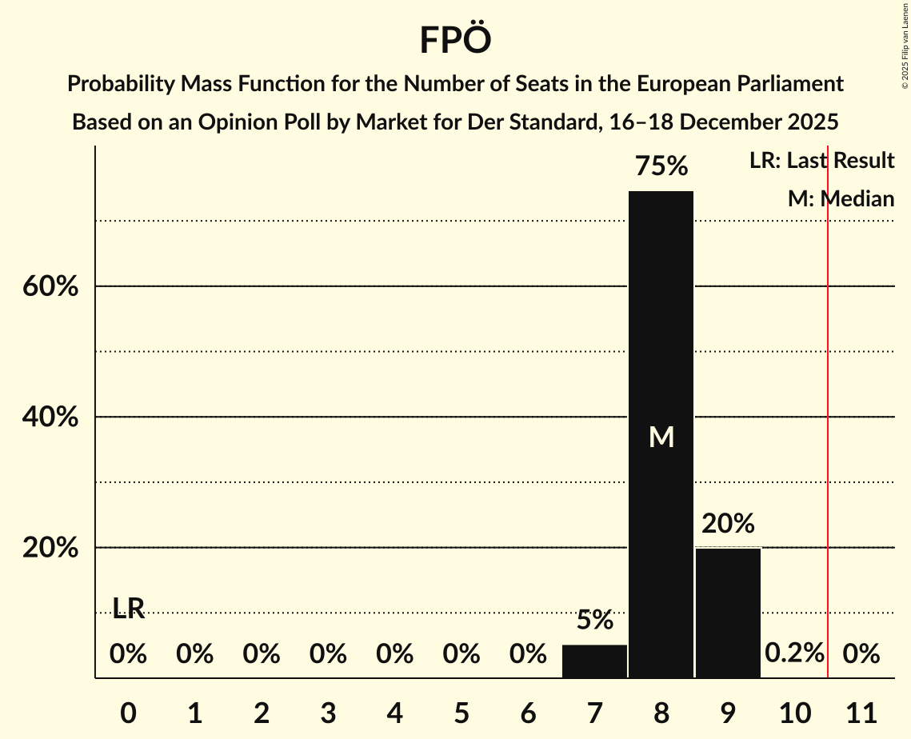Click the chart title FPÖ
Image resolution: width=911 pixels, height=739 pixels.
click(x=454, y=40)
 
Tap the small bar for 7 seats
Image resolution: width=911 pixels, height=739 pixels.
click(x=594, y=661)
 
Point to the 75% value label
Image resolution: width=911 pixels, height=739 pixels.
click(x=661, y=166)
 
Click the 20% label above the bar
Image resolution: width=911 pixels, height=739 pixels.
click(x=728, y=524)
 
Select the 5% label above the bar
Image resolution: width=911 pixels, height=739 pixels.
click(x=594, y=620)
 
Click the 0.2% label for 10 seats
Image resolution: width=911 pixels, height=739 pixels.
click(x=794, y=653)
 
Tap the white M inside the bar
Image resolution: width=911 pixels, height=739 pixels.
click(x=661, y=437)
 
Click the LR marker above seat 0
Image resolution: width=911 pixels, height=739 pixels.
click(x=128, y=609)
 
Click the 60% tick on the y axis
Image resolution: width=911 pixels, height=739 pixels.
click(x=50, y=286)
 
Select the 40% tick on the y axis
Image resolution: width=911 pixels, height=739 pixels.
click(x=50, y=417)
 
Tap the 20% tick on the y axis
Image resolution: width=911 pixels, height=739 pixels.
click(x=50, y=548)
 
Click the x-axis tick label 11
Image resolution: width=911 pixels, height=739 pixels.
click(x=861, y=711)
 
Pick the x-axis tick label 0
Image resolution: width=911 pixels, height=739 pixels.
click(x=128, y=711)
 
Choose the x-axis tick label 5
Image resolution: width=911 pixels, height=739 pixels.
click(x=461, y=711)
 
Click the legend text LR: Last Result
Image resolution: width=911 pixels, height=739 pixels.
click(x=821, y=161)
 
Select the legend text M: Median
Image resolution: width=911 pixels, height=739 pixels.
click(x=841, y=199)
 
